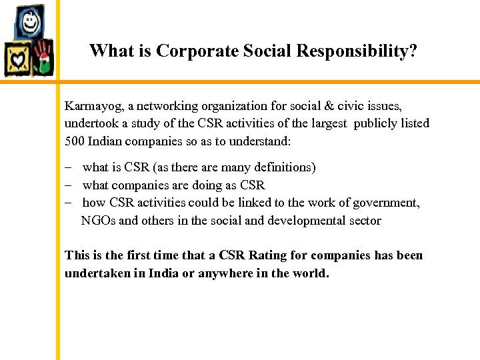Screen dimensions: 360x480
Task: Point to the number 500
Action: click(73, 141)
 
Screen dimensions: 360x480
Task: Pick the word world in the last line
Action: click(309, 273)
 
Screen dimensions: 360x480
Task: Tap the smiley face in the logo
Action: click(31, 24)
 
